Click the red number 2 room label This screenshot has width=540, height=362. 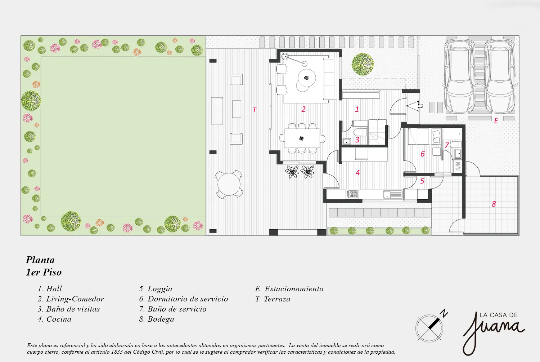[303, 109]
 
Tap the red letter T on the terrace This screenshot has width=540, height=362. [255, 110]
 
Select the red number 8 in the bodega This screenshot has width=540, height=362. [494, 204]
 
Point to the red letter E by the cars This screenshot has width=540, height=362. [496, 121]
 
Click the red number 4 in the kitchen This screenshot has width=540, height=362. [358, 173]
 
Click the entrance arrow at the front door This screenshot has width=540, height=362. [414, 106]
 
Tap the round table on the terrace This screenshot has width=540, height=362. [229, 184]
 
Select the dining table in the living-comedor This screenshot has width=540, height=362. [302, 138]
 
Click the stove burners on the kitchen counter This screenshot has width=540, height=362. [352, 194]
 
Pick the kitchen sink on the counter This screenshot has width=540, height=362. [393, 194]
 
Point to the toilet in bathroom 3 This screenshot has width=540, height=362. [360, 133]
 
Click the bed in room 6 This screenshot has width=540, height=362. [424, 137]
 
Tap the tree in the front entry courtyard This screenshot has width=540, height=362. [363, 64]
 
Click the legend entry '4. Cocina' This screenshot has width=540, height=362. [54, 319]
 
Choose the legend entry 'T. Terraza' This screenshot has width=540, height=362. [273, 299]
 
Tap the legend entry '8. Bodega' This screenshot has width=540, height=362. [157, 319]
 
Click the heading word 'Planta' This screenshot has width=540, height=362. [40, 260]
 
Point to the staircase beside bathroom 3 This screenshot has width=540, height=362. [377, 132]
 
